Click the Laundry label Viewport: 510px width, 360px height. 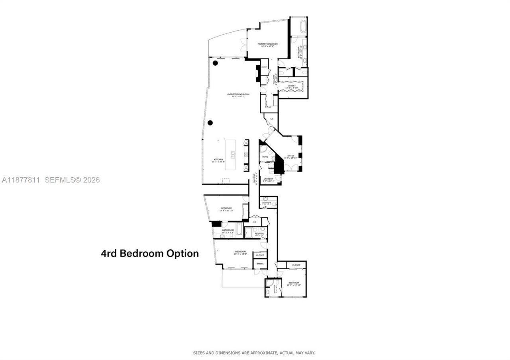[x=268, y=180]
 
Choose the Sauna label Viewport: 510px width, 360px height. [x=260, y=264]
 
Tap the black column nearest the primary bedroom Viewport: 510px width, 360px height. [x=215, y=63]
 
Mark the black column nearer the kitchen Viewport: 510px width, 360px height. [x=210, y=123]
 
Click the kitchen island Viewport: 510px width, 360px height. [x=230, y=155]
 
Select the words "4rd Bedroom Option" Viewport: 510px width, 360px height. [x=150, y=253]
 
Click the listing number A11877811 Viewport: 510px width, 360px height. [x=21, y=180]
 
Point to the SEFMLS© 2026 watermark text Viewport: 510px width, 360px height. [x=72, y=180]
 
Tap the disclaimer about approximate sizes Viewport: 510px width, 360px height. [x=254, y=353]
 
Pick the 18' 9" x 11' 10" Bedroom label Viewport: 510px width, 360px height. [x=226, y=209]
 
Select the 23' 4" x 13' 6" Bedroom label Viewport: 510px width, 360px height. [x=240, y=252]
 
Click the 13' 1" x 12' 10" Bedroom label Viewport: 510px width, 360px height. [x=294, y=284]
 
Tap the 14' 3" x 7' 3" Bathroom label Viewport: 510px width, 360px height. [x=228, y=231]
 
